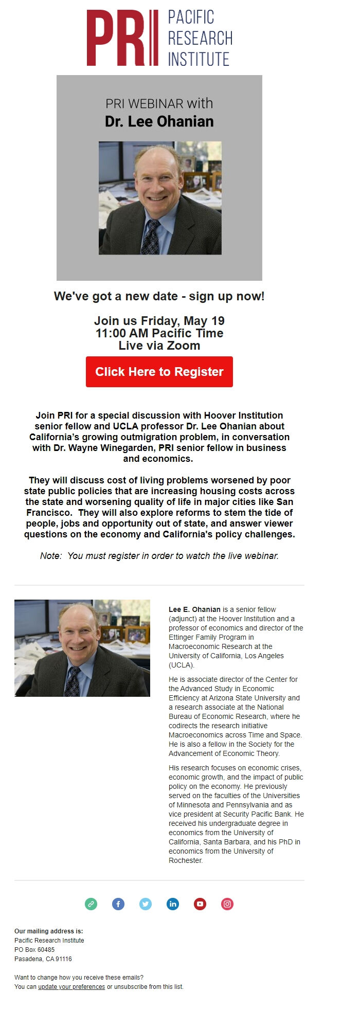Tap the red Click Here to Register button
(x=159, y=372)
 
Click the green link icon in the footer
(x=91, y=904)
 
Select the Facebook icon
(x=118, y=904)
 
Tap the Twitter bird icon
(x=146, y=904)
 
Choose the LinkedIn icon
(x=173, y=904)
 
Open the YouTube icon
(x=200, y=904)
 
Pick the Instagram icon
(x=227, y=904)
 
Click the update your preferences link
(x=71, y=987)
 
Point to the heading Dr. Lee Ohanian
(x=159, y=121)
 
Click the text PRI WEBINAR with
(x=159, y=103)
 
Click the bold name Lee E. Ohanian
(x=194, y=609)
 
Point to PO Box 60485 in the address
(x=34, y=950)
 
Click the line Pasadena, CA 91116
(x=43, y=959)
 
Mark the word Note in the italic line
(x=50, y=556)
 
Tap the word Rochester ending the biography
(x=185, y=860)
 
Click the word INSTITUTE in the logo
(x=199, y=59)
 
